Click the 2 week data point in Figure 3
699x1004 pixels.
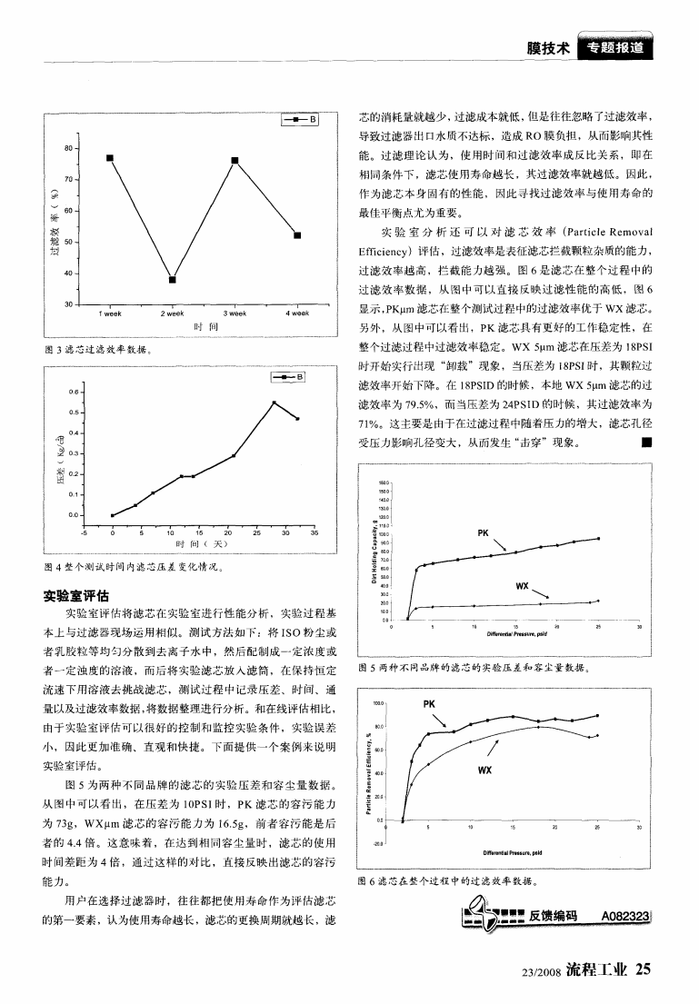coord(173,279)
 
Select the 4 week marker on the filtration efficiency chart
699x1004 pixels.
coord(297,235)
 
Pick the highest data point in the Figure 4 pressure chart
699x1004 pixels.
coord(274,403)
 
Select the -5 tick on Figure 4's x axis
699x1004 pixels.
coord(84,532)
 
